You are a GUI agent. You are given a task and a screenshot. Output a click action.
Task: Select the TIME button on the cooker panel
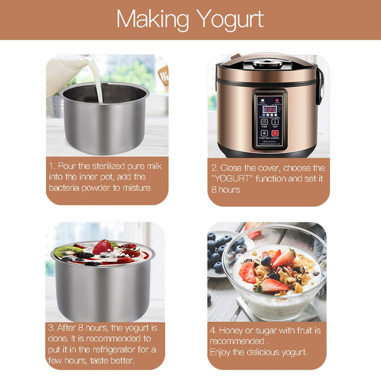tap(264, 120)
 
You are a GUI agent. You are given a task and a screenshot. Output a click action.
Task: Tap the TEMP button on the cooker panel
tap(275, 120)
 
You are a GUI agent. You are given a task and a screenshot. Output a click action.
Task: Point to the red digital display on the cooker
tap(268, 109)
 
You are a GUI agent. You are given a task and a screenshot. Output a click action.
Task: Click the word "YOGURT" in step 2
tap(233, 179)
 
